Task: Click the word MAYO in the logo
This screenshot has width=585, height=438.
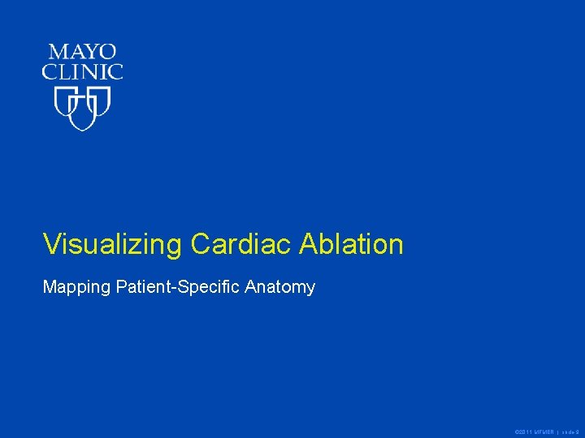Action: pyautogui.click(x=82, y=54)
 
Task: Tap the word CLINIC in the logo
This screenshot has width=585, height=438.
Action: pyautogui.click(x=82, y=71)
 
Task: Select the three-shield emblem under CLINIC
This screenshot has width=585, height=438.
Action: pyautogui.click(x=82, y=109)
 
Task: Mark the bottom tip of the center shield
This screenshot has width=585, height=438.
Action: pyautogui.click(x=82, y=129)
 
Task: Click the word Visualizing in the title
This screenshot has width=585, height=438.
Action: pyautogui.click(x=113, y=244)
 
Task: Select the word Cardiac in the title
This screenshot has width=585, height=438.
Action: pyautogui.click(x=241, y=244)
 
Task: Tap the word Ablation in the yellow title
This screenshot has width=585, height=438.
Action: pyautogui.click(x=351, y=244)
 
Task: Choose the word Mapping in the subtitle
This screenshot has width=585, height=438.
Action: pyautogui.click(x=73, y=287)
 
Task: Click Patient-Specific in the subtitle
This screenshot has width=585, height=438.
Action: pyautogui.click(x=177, y=287)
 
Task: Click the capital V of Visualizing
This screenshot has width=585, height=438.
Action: pyautogui.click(x=52, y=244)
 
